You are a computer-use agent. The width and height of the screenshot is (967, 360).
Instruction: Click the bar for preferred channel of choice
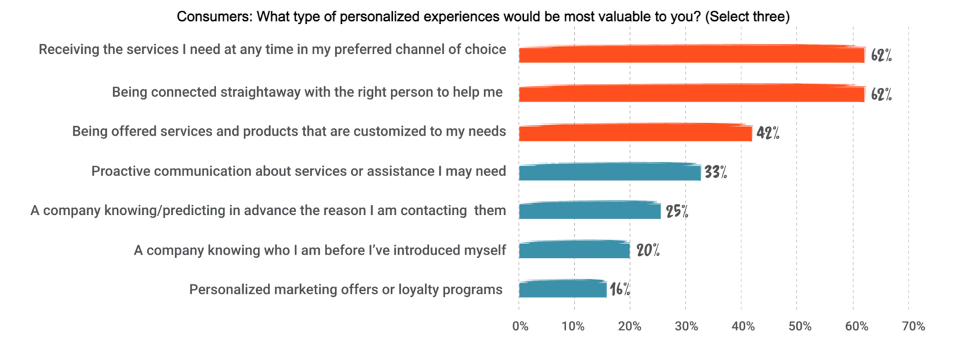(x=692, y=54)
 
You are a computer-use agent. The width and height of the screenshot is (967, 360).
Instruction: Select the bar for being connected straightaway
(x=692, y=93)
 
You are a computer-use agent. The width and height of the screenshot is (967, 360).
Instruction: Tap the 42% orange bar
(x=635, y=132)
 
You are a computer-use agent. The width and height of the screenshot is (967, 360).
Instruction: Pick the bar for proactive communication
(x=609, y=172)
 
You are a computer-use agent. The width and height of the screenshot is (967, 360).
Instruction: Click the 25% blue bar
(x=590, y=211)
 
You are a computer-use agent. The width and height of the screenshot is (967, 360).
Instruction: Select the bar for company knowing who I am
(x=574, y=250)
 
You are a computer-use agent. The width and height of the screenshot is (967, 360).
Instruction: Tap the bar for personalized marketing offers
(x=563, y=289)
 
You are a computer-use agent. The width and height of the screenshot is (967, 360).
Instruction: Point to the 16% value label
(x=620, y=290)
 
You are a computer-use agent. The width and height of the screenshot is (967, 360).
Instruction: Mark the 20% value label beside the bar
(x=648, y=251)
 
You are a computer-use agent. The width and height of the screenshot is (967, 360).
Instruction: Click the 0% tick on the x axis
(x=520, y=326)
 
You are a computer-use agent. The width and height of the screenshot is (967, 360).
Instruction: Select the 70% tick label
(x=913, y=326)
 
